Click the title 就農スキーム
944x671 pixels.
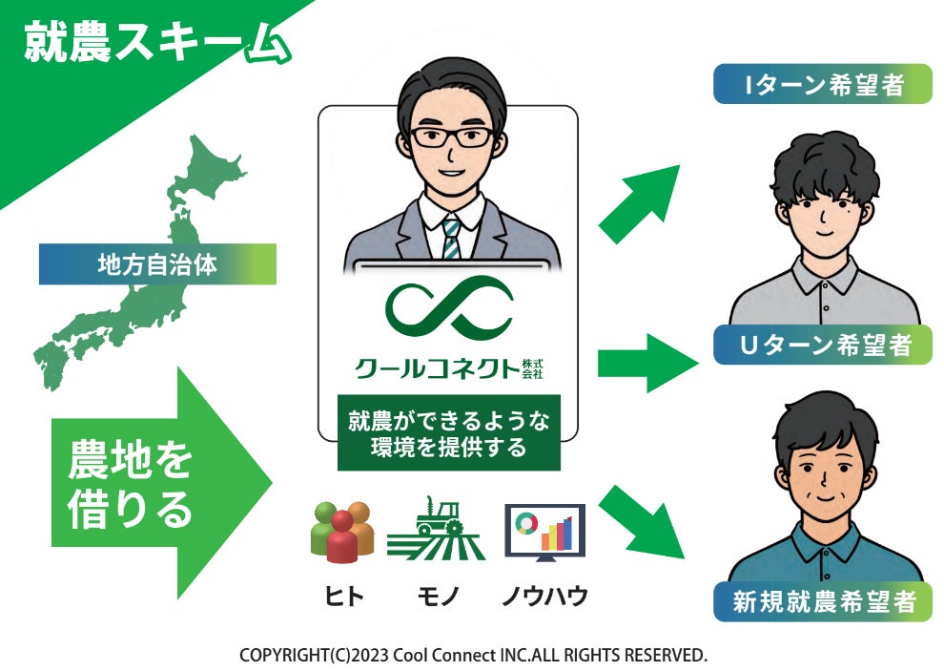pyautogui.click(x=153, y=44)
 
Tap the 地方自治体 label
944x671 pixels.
pyautogui.click(x=157, y=264)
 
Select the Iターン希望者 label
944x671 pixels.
pyautogui.click(x=823, y=85)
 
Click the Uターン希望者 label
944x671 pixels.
pyautogui.click(x=823, y=345)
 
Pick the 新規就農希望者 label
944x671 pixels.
pyautogui.click(x=823, y=601)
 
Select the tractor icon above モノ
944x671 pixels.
pyautogui.click(x=437, y=530)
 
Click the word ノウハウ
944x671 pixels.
pyautogui.click(x=544, y=598)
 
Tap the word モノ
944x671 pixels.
pyautogui.click(x=438, y=598)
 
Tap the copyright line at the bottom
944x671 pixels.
pyautogui.click(x=473, y=656)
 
